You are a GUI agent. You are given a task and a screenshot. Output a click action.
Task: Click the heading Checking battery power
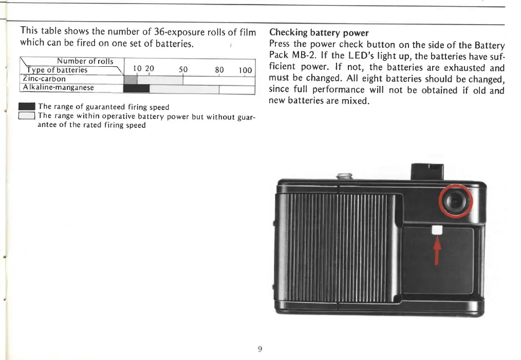319,33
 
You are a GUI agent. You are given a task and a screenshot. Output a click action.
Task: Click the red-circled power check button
455,201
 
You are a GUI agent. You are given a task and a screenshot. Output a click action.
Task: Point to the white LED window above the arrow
437,231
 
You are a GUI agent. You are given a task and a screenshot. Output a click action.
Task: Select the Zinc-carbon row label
44,79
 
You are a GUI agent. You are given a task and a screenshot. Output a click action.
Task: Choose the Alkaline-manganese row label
58,88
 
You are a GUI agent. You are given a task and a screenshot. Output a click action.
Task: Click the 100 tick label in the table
245,70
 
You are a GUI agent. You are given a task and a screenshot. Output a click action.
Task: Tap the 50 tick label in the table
183,70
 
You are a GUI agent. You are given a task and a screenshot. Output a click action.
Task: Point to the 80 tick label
219,70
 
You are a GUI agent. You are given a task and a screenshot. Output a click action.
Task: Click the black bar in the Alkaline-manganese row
137,88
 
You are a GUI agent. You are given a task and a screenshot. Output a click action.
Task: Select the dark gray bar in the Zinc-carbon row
131,80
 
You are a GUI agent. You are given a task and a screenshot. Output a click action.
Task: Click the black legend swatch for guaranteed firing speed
26,107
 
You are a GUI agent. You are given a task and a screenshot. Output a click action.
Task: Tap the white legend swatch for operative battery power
26,116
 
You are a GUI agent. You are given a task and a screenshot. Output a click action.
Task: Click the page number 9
260,349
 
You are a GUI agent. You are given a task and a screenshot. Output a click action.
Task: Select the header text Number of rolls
85,62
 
